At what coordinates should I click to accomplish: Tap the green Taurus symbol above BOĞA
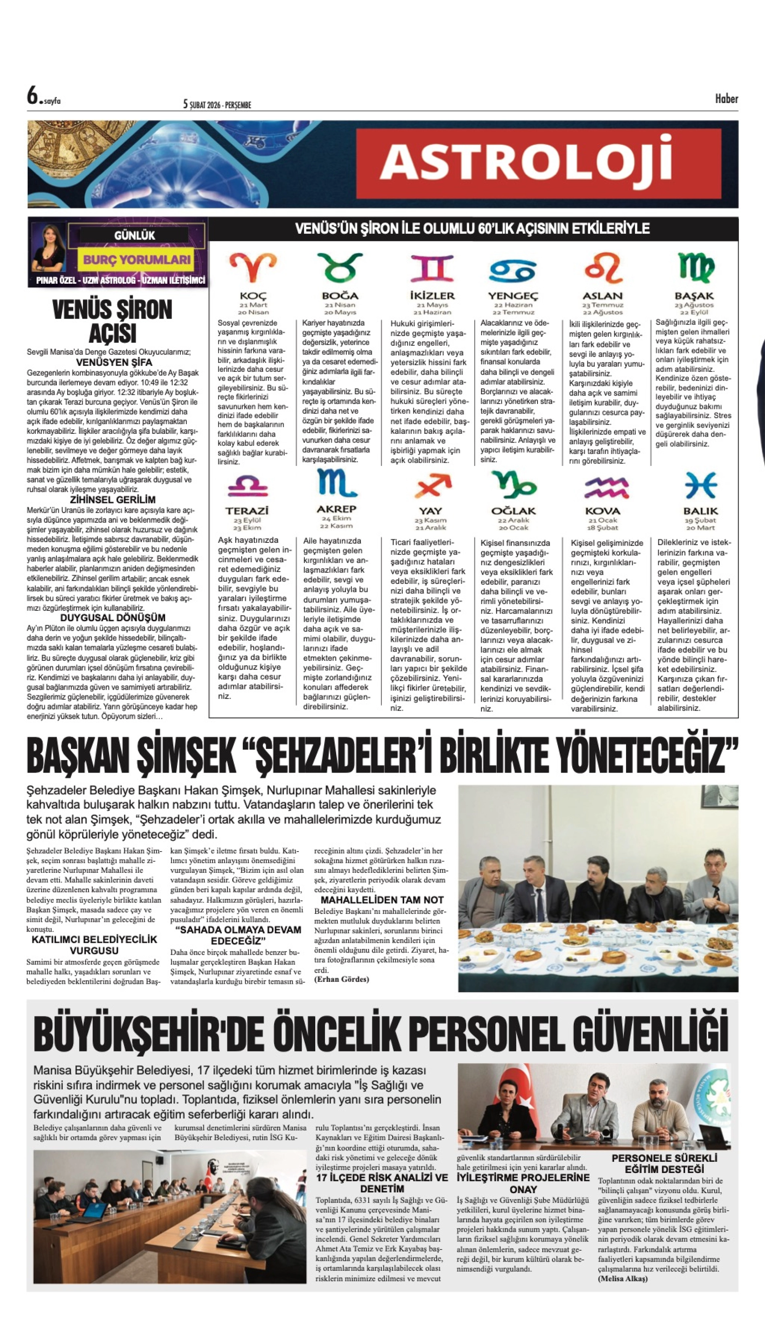point(340,267)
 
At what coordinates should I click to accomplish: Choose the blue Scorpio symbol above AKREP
point(336,484)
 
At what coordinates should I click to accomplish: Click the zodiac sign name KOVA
point(603,511)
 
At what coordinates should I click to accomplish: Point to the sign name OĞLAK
point(513,511)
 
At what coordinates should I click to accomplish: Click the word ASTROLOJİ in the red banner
point(526,162)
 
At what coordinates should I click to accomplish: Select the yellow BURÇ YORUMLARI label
point(136,260)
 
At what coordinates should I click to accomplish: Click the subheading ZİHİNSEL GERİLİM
point(112,499)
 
